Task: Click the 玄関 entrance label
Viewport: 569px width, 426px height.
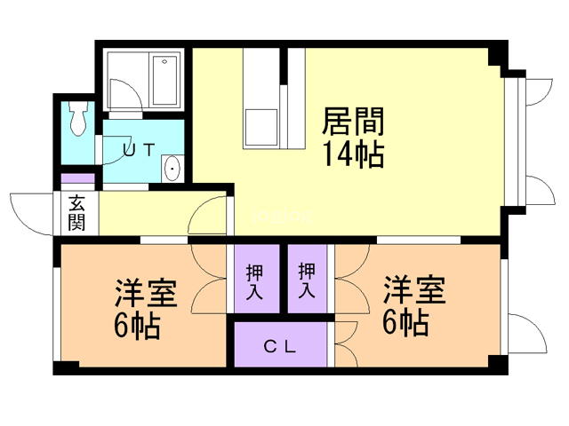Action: tap(76, 213)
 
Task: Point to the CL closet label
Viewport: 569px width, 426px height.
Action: tap(280, 346)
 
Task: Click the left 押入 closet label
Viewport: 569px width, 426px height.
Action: tap(252, 280)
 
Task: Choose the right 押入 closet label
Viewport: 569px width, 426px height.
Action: tap(308, 280)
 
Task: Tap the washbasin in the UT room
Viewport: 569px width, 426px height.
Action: tap(172, 167)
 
